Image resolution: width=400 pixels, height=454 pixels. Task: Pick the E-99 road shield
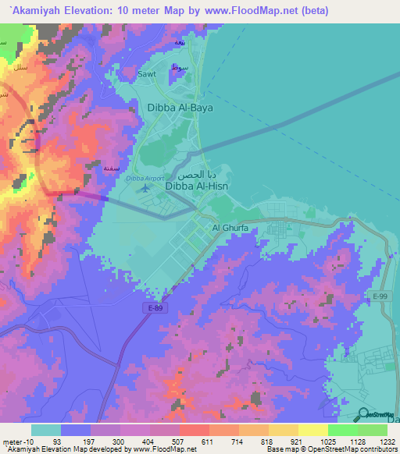coord(380,296)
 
